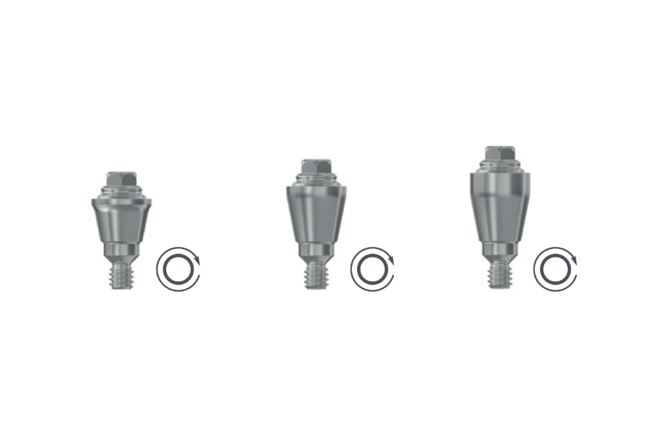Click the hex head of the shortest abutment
(x=121, y=178)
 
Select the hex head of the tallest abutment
(x=499, y=153)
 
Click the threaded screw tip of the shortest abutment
(x=121, y=275)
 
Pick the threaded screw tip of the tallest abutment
(x=498, y=274)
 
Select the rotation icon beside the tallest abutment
(x=555, y=269)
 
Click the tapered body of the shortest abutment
(x=121, y=221)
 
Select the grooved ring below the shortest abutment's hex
(x=121, y=190)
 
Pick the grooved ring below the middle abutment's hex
(x=315, y=178)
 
